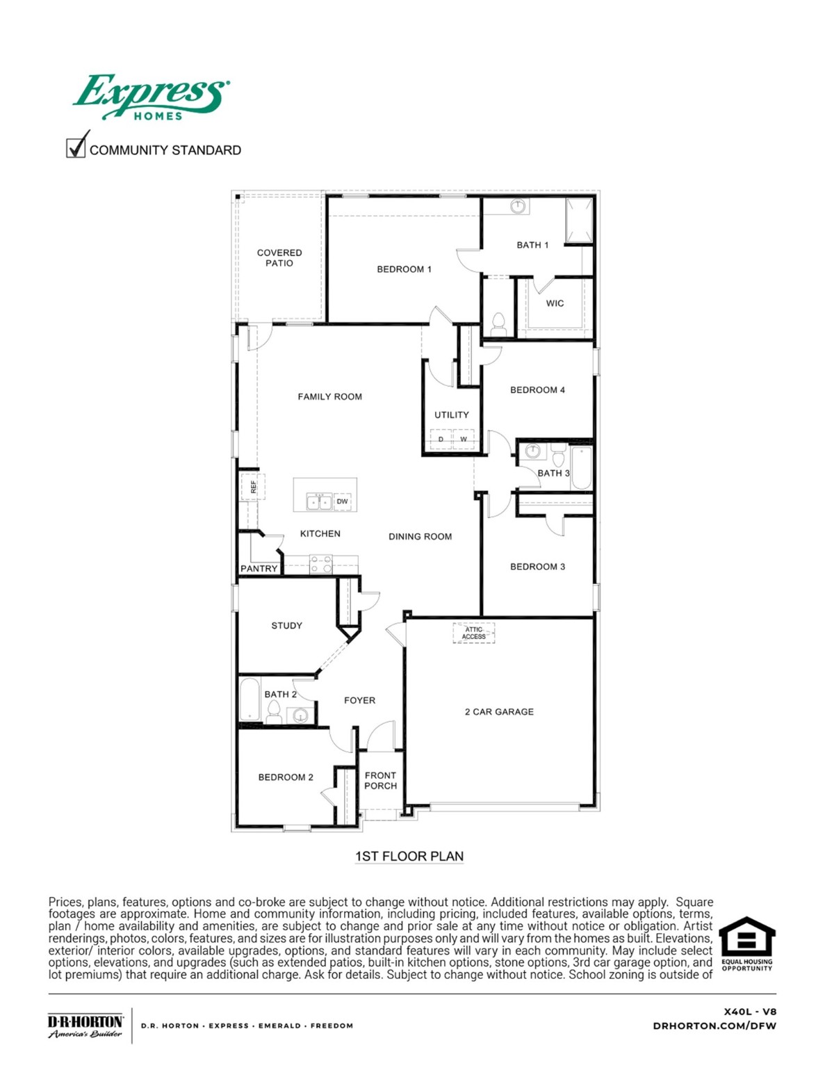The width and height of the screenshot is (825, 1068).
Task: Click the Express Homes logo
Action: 151,97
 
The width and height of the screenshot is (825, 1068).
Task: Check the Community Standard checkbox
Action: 75,148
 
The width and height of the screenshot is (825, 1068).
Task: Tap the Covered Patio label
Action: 279,258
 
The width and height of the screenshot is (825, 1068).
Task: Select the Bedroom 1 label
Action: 404,269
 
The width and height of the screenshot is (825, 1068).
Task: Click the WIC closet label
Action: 555,303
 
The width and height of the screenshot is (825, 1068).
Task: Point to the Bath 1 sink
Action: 518,207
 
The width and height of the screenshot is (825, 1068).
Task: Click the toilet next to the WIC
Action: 498,323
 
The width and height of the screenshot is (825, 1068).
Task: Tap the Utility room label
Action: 452,415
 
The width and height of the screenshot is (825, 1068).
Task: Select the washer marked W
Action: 464,439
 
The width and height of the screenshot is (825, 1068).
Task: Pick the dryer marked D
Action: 441,439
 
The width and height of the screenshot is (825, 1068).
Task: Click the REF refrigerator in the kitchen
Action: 250,486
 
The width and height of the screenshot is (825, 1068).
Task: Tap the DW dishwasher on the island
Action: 342,501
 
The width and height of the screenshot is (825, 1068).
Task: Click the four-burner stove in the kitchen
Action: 321,564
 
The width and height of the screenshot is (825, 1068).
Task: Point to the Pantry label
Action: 259,569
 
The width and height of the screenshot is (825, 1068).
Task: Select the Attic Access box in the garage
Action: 474,633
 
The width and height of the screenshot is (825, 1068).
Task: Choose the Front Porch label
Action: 380,780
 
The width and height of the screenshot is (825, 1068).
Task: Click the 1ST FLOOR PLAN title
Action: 409,857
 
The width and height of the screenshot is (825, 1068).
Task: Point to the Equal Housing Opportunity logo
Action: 746,943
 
